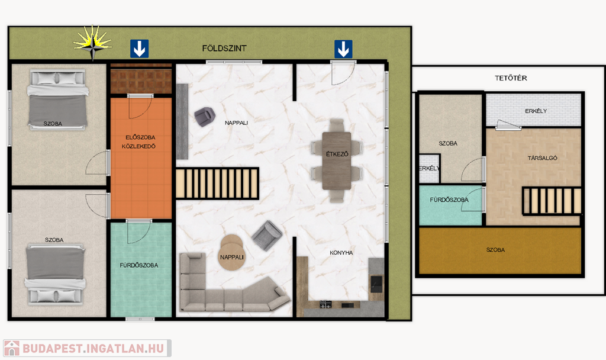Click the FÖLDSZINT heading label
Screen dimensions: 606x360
tap(224, 49)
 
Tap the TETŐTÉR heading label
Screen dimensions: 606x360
tap(511, 78)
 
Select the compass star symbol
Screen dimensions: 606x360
tap(93, 43)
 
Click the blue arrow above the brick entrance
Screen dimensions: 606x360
tap(140, 49)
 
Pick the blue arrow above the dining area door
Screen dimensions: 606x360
tap(343, 49)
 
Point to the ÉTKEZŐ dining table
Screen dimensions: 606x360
tap(337, 160)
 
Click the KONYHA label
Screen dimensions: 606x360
tap(341, 252)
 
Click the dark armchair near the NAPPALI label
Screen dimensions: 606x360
tap(204, 117)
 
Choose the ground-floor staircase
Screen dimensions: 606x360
tap(217, 184)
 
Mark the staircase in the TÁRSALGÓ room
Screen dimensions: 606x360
tap(552, 201)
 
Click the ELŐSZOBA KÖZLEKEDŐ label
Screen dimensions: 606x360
tap(139, 142)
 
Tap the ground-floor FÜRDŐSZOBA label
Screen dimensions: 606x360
tap(138, 265)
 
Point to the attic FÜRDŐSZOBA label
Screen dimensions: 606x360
tap(449, 200)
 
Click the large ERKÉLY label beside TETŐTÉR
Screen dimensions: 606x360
tap(536, 111)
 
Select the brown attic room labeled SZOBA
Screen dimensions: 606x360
tap(500, 250)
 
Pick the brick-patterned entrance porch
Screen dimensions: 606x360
tap(141, 79)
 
